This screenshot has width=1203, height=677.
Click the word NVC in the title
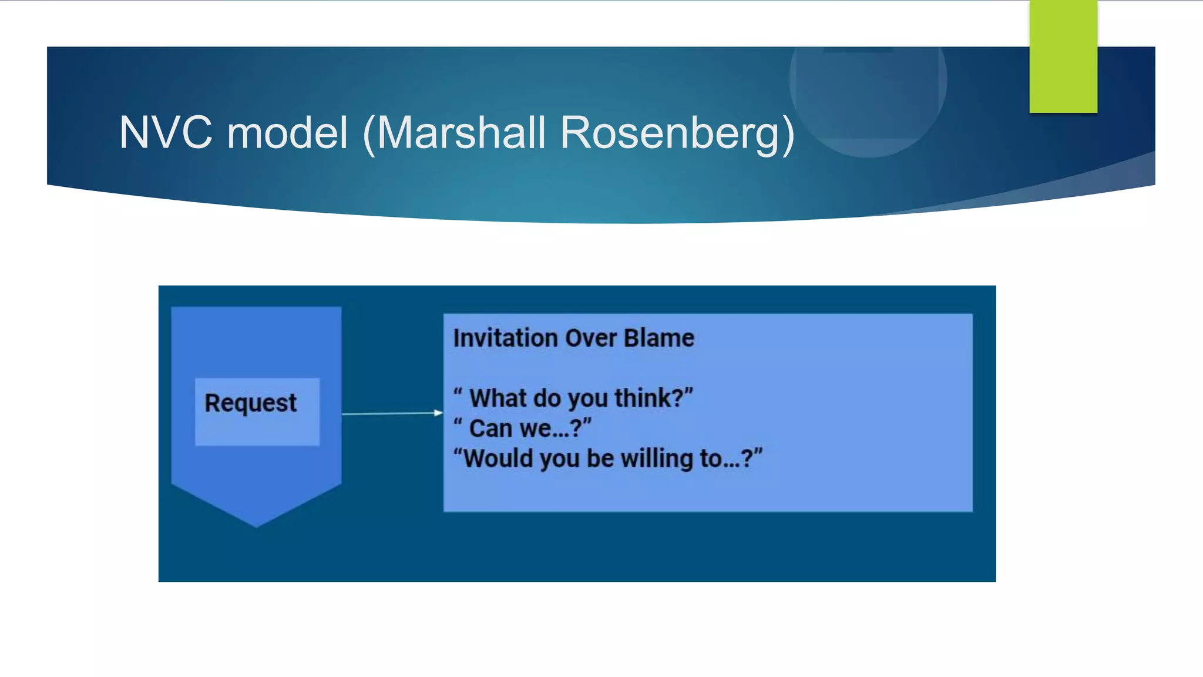(x=166, y=133)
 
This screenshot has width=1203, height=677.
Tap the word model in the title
(x=288, y=133)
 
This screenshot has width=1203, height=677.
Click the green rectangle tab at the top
(x=1063, y=56)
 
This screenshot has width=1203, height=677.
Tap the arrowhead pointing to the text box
(x=438, y=413)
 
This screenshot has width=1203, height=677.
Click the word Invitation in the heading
(x=505, y=338)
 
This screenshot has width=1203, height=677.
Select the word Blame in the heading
(x=658, y=338)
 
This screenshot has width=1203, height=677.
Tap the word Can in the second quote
(x=490, y=428)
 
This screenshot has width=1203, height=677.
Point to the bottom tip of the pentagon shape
(x=256, y=525)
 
